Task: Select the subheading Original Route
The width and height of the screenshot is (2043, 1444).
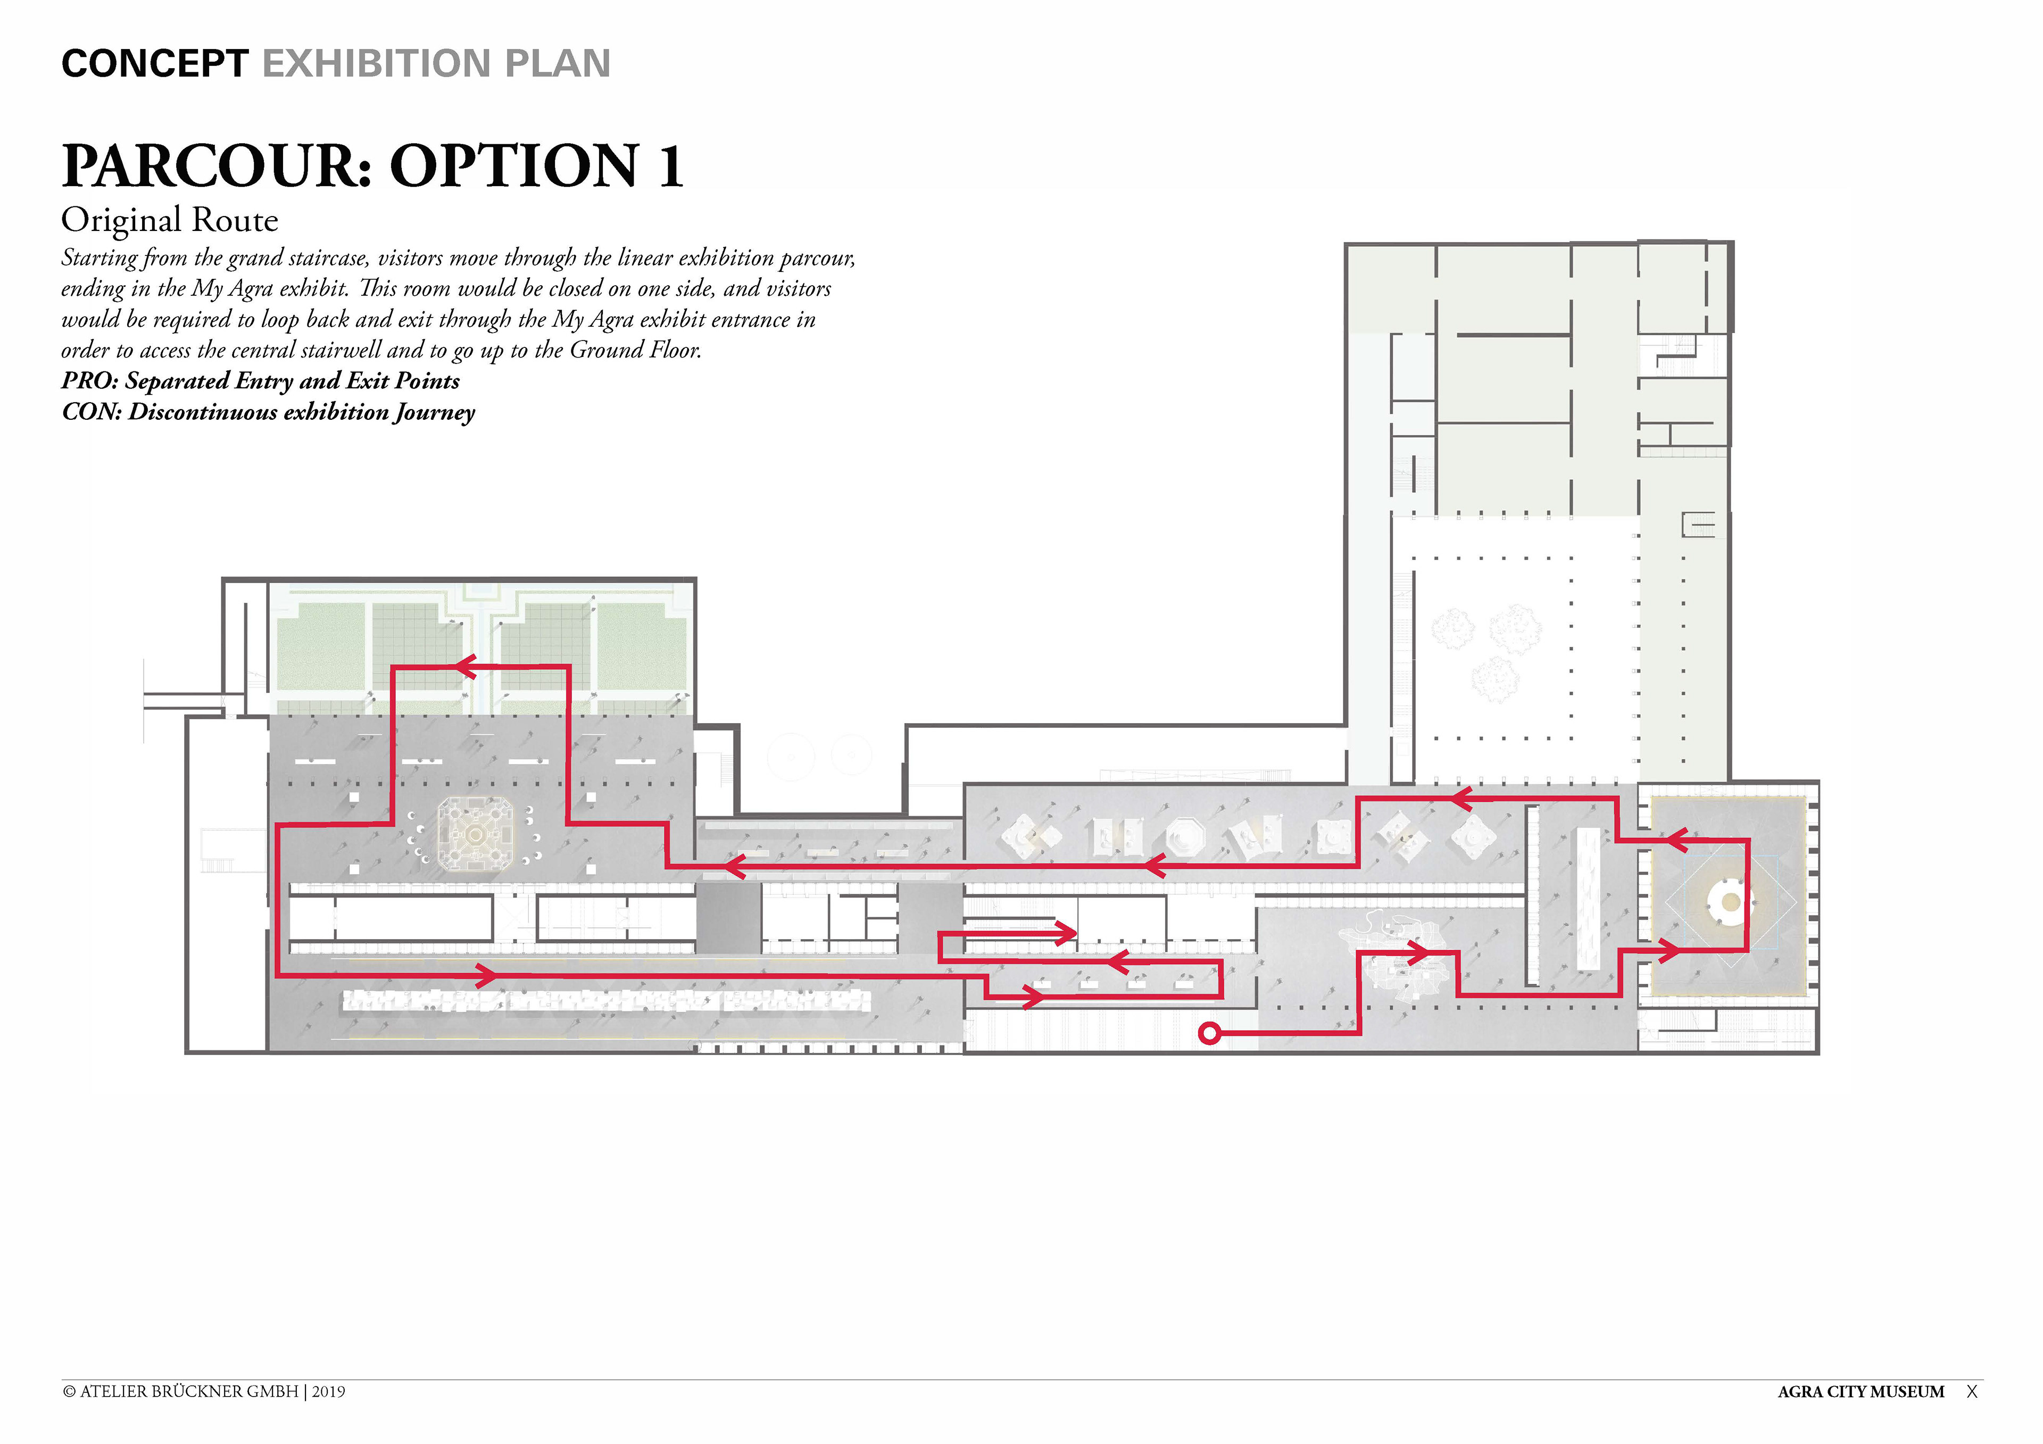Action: [170, 220]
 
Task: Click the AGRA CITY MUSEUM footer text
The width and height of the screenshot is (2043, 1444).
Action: [1861, 1391]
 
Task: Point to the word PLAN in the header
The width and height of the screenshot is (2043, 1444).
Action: [558, 64]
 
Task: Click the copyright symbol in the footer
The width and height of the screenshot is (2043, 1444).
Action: [69, 1391]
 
